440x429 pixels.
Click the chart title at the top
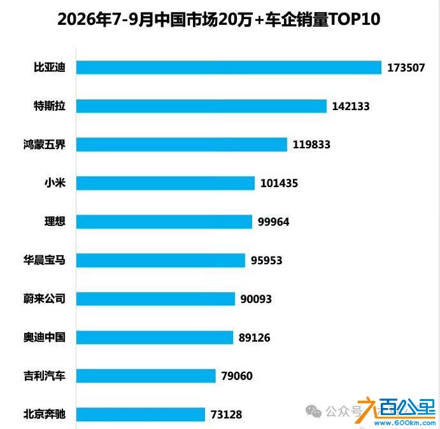coord(219,19)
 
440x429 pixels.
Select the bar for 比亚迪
coord(229,67)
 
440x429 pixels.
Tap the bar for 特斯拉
coord(201,106)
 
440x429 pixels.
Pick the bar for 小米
coord(166,183)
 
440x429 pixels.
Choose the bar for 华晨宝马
coord(160,260)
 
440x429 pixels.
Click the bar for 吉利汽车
coord(146,376)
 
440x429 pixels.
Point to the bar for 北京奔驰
coord(141,414)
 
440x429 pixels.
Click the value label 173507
coord(406,67)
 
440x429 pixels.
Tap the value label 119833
coord(311,144)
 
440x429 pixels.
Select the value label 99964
coord(274,222)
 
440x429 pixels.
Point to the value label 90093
coord(256,299)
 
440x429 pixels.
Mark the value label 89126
coord(254,337)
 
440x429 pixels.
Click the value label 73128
coord(227,414)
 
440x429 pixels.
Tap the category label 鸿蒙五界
coord(45,144)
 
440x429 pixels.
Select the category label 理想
coord(55,222)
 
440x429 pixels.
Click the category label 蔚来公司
coord(45,299)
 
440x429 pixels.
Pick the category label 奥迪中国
coord(45,337)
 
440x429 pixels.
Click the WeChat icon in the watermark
coord(313,411)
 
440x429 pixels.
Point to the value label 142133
coord(351,106)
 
